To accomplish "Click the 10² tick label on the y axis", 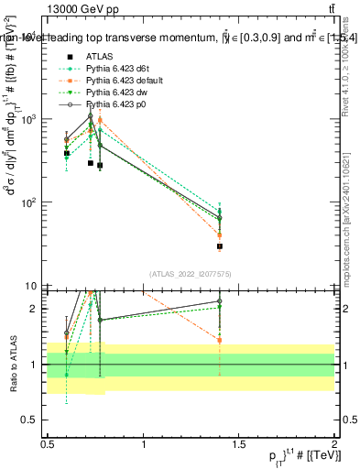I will coord(31,202).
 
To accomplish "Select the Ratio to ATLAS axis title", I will coord(12,364).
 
